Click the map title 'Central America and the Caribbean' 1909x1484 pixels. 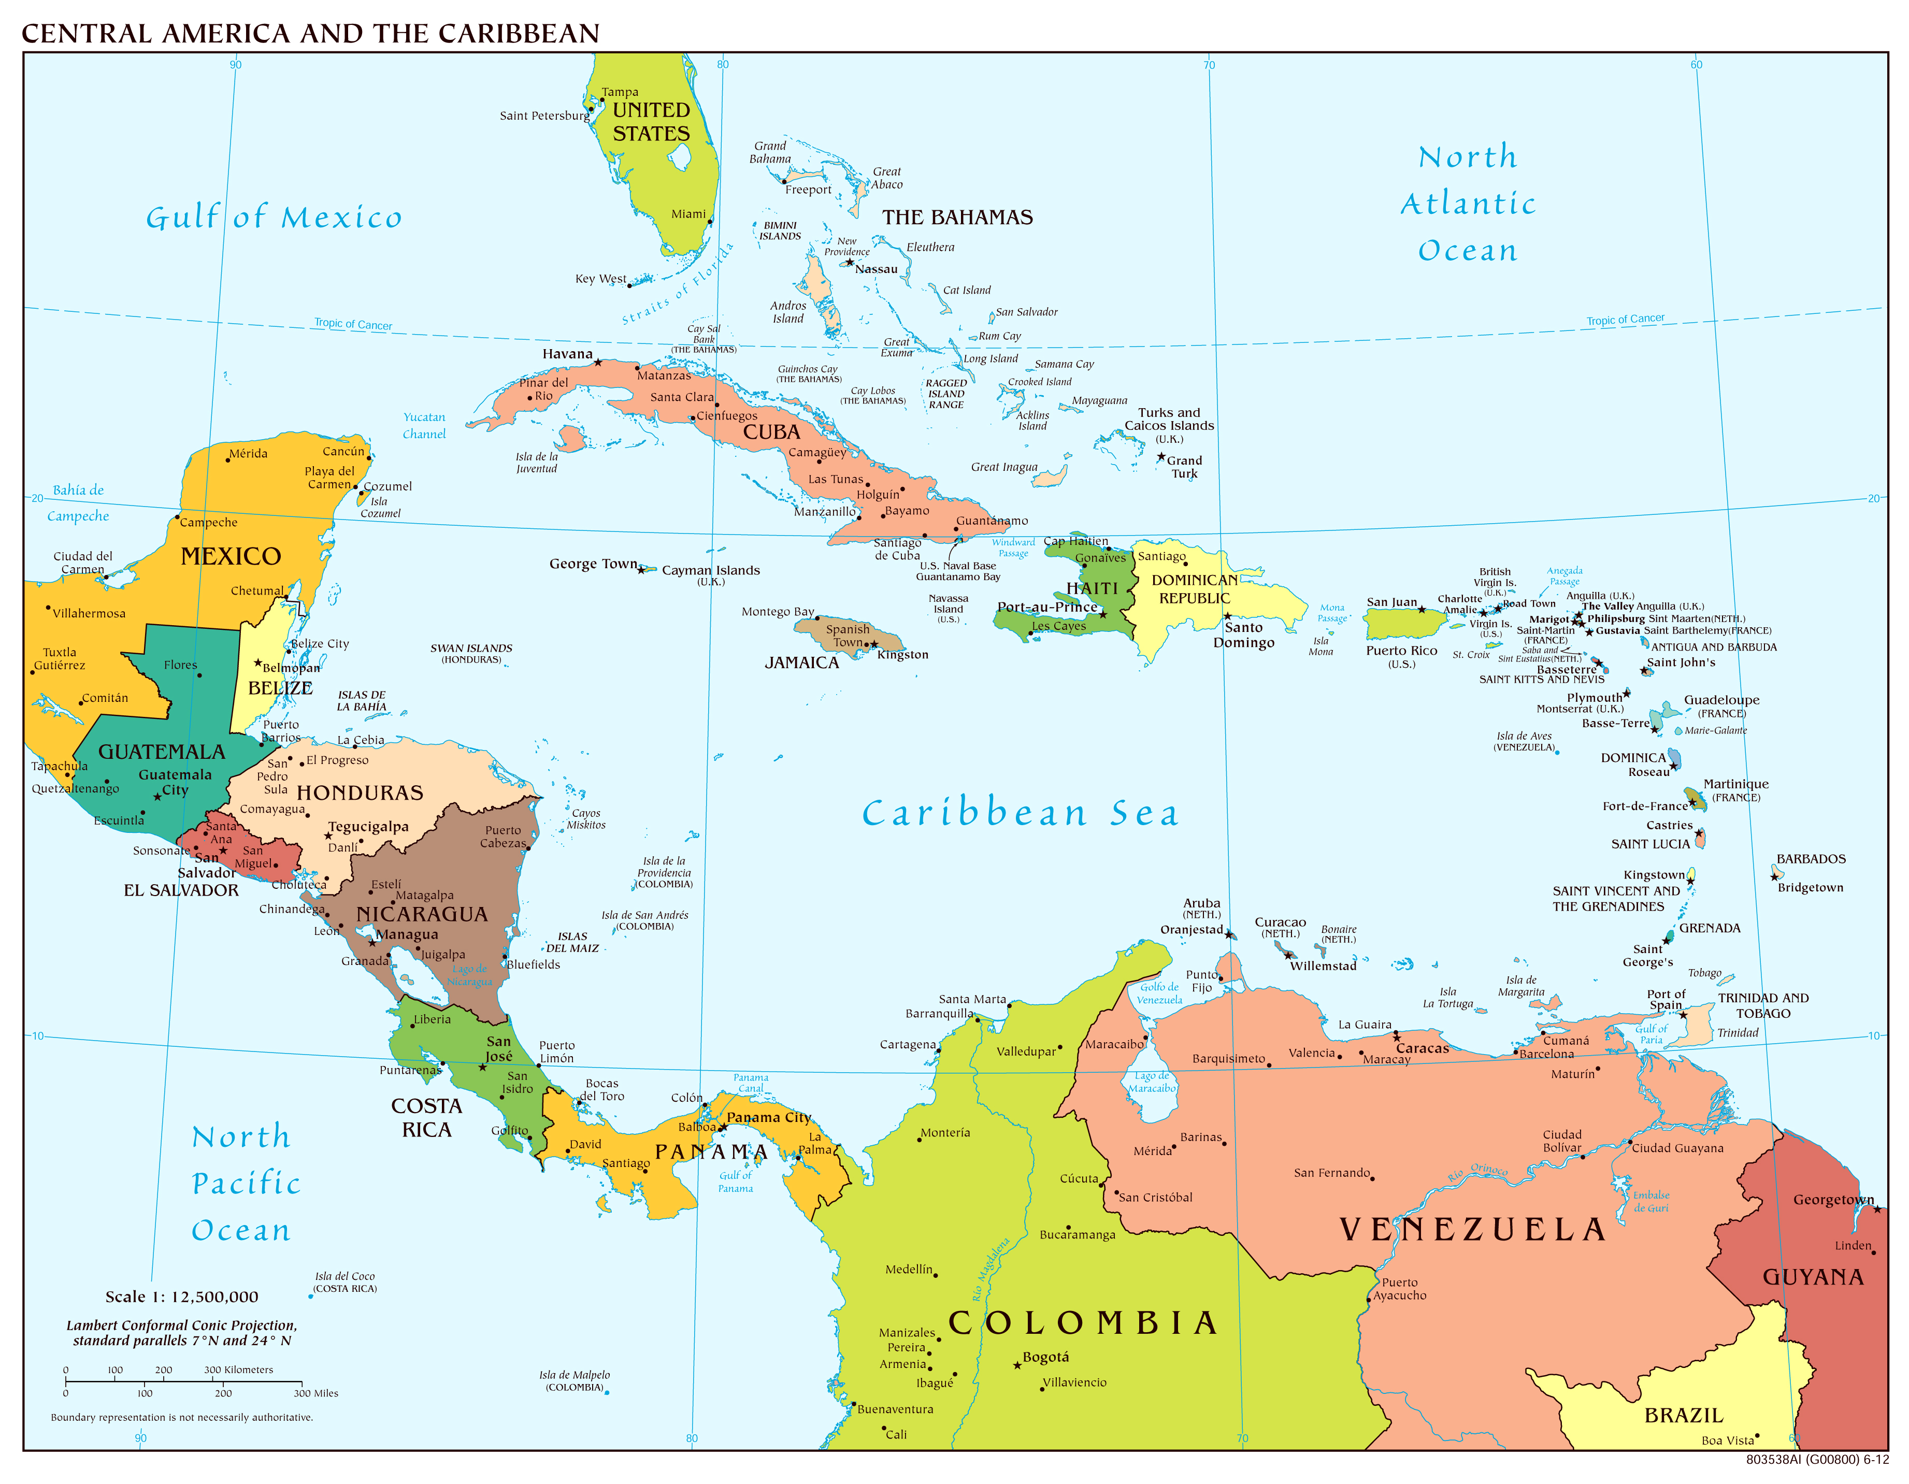pyautogui.click(x=310, y=33)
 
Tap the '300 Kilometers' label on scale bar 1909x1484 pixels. pyautogui.click(x=239, y=1370)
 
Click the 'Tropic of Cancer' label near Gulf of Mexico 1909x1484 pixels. pyautogui.click(x=353, y=324)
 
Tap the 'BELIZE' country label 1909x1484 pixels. pyautogui.click(x=280, y=688)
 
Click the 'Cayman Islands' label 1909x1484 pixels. pyautogui.click(x=711, y=570)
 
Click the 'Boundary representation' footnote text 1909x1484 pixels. pyautogui.click(x=182, y=1418)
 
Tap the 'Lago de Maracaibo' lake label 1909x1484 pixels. pyautogui.click(x=1152, y=1082)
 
